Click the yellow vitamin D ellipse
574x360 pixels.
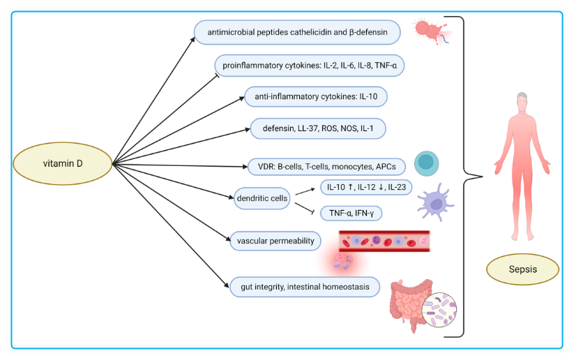[63, 164]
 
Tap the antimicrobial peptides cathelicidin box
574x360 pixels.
[297, 33]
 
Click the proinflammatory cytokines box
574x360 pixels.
[309, 66]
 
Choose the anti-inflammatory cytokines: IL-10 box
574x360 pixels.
[315, 96]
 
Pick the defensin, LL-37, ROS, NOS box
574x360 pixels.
[317, 128]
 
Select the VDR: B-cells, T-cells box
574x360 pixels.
[326, 167]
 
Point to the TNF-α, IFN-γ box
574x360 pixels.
[351, 213]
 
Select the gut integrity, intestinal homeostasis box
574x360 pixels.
[305, 287]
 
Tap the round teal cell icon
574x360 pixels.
[426, 163]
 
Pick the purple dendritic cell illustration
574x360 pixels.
[437, 203]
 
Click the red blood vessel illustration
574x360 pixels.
[384, 241]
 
